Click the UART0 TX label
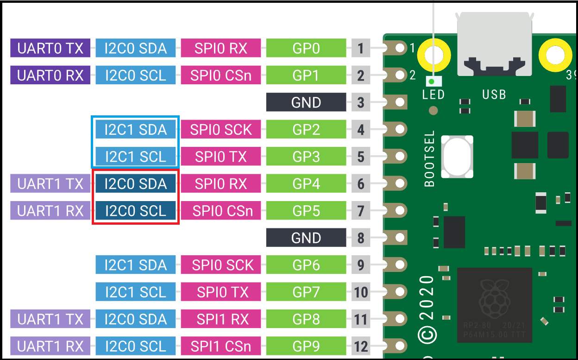coord(50,48)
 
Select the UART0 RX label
coord(50,75)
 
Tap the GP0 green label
coord(306,48)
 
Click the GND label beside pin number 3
coord(306,102)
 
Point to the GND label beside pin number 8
coord(306,238)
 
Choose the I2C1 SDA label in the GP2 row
coord(135,129)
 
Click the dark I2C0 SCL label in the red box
coord(135,211)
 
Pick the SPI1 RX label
coord(221,319)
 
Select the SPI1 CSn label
coord(221,346)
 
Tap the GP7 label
coord(306,292)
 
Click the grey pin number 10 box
coord(361,292)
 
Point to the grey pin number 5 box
coord(361,157)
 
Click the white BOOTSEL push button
coord(457,157)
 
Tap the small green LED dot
coord(431,82)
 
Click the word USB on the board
coord(494,95)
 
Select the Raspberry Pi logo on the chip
coord(494,299)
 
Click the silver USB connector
coord(494,44)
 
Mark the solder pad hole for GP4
coord(400,183)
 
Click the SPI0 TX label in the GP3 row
coord(221,157)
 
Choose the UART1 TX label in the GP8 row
coord(50,319)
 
